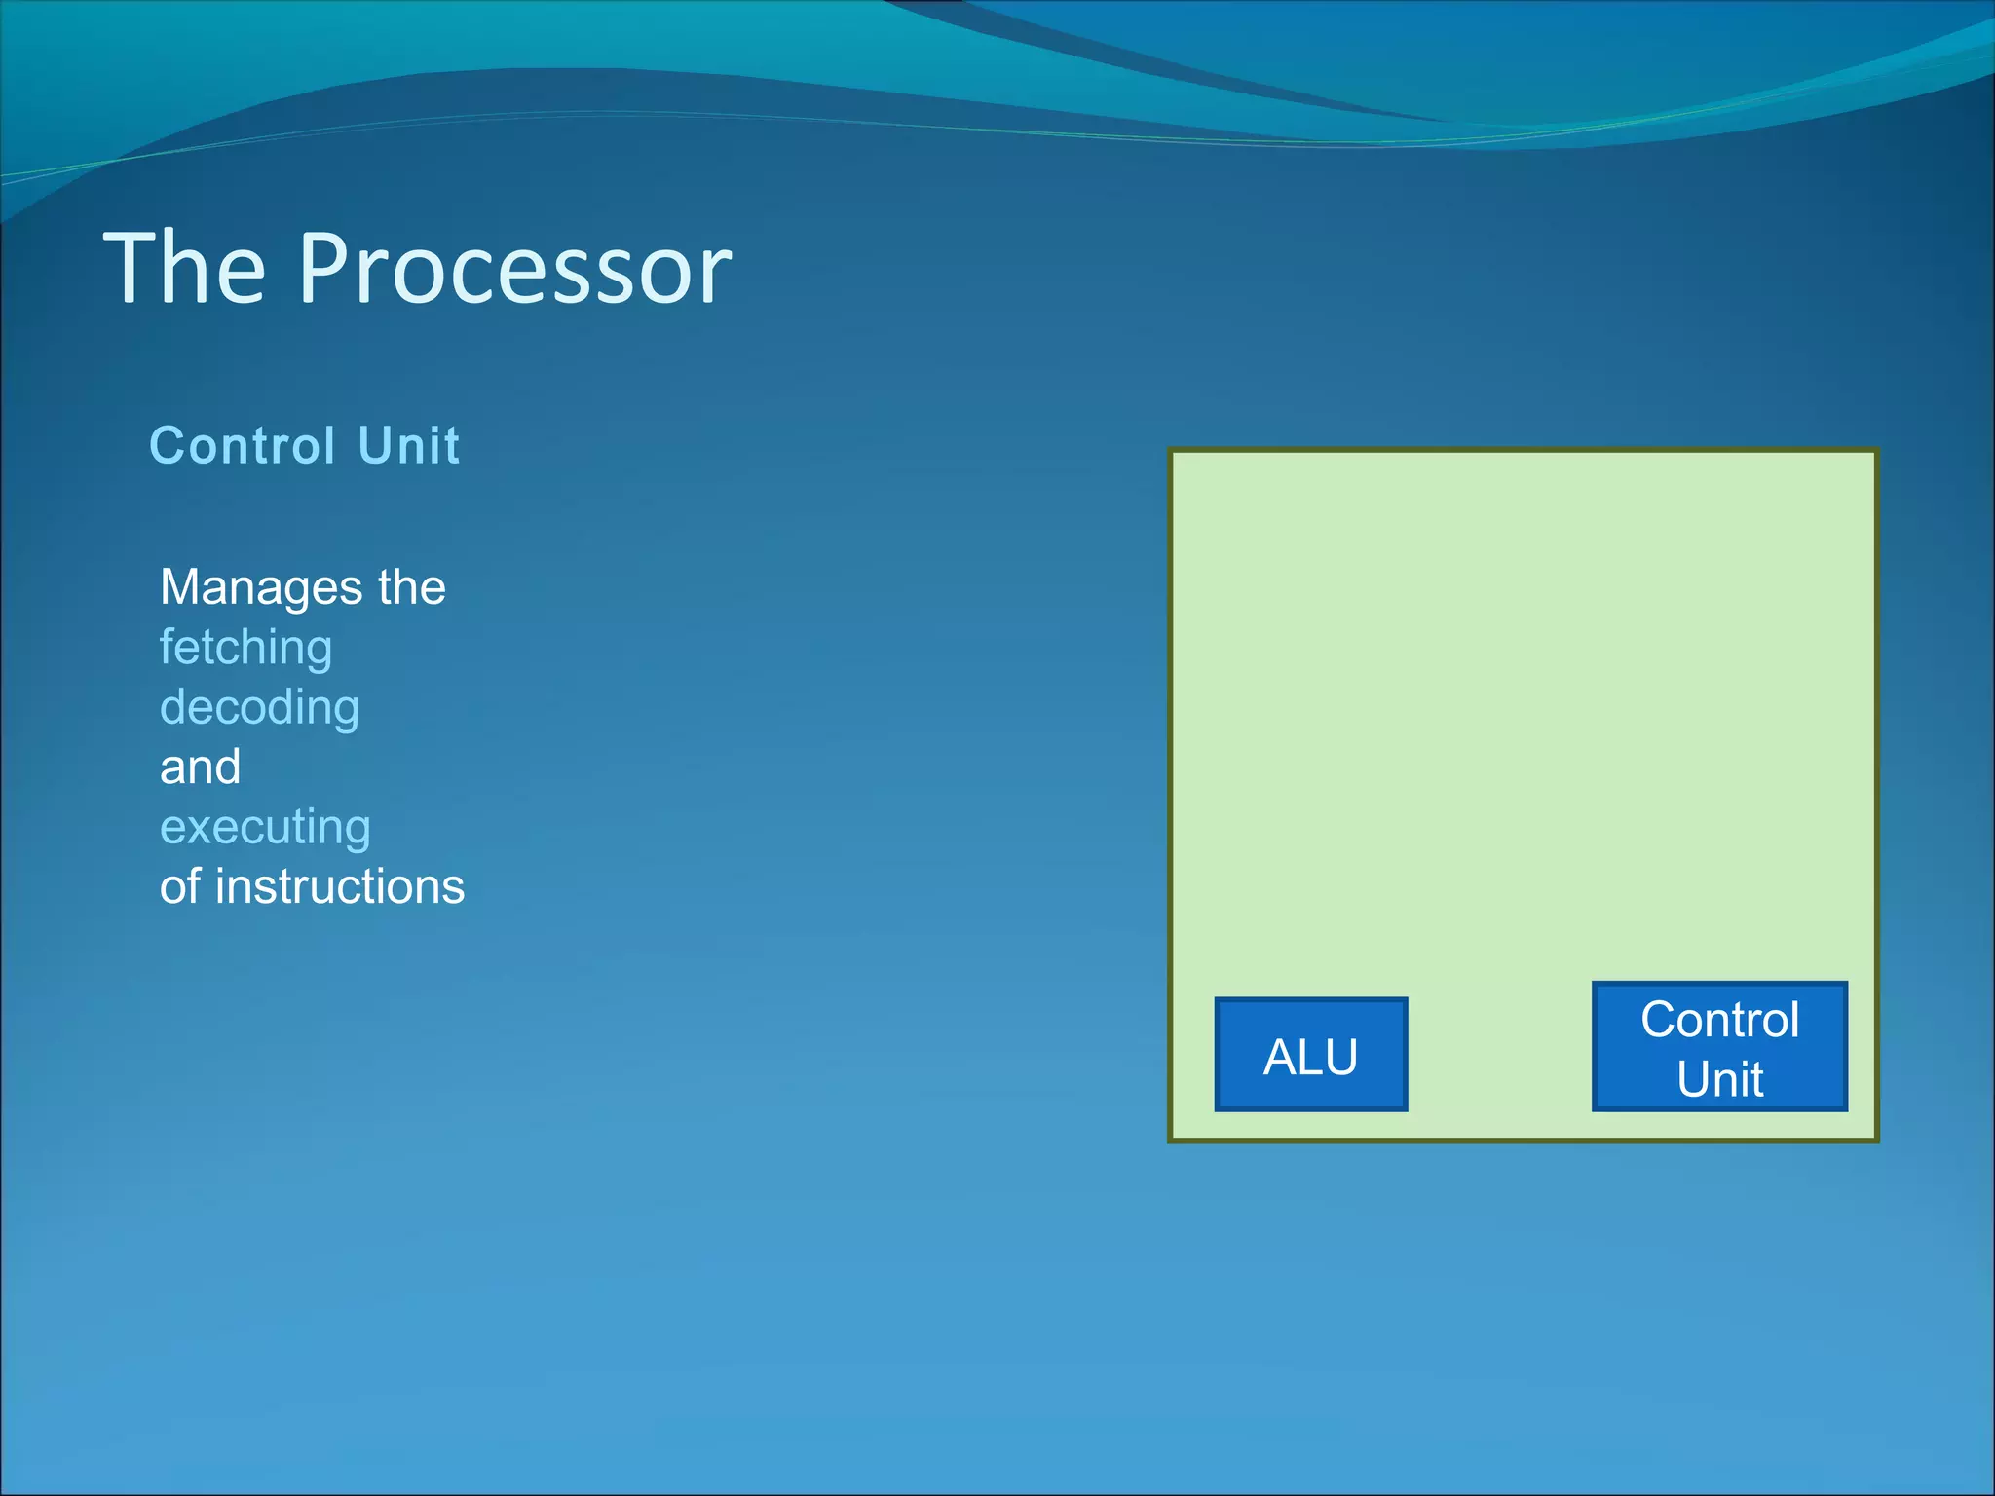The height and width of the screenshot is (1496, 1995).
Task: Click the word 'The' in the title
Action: (184, 269)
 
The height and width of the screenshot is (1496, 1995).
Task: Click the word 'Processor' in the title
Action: (514, 269)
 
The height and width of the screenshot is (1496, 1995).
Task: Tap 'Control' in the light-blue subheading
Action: (243, 446)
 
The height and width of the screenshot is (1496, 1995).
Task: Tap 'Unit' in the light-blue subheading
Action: (408, 446)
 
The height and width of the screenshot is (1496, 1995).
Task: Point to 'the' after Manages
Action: (412, 587)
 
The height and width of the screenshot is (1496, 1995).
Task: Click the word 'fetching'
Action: (245, 648)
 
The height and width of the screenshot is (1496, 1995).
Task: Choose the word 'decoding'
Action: (259, 707)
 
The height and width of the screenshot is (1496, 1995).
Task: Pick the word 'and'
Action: (200, 767)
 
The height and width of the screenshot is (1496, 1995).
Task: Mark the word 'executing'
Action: (265, 828)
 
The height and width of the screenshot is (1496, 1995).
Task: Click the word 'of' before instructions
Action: (180, 886)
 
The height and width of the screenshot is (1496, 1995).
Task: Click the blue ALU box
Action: (1310, 1054)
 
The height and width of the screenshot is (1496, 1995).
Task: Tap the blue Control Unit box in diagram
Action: (1719, 1047)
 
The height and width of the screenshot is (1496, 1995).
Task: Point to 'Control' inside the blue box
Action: (1719, 1020)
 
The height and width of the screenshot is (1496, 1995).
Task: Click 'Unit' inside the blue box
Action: (1719, 1079)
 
